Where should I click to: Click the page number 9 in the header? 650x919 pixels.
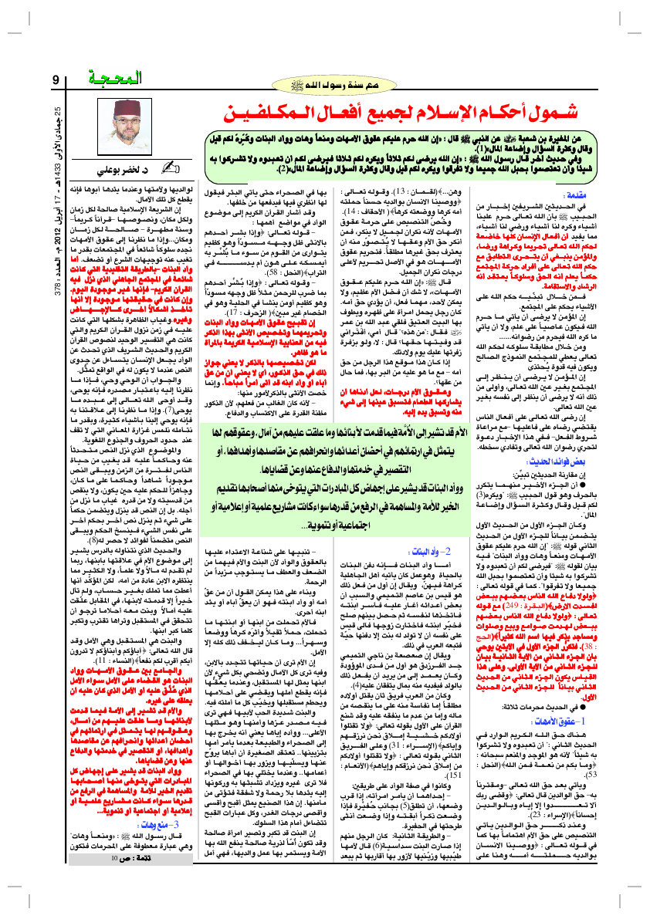[x=56, y=79]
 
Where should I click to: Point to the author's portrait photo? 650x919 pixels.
[x=127, y=126]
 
